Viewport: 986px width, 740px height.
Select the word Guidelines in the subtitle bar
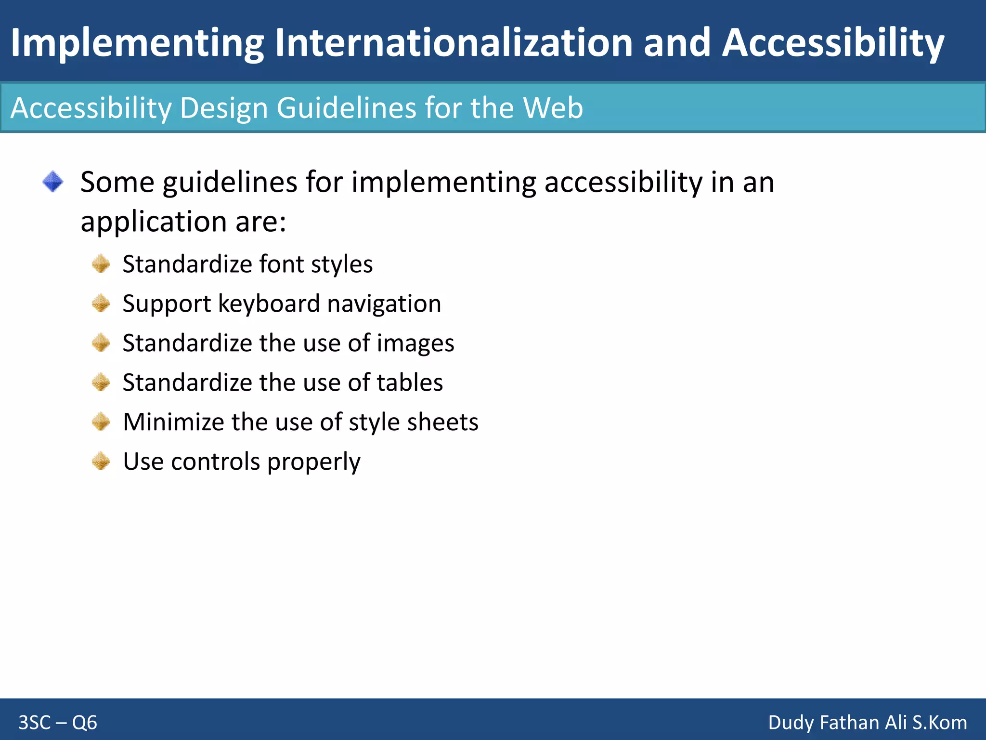(x=346, y=107)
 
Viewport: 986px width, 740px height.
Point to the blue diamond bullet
(x=53, y=182)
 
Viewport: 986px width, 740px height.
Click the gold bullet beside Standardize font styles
(x=101, y=264)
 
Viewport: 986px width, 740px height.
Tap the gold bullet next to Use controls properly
(x=101, y=461)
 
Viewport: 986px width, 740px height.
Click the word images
(x=415, y=344)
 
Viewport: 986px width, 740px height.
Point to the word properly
(x=313, y=462)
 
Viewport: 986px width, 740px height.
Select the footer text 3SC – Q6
(x=58, y=722)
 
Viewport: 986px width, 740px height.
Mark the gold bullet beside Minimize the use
(x=101, y=422)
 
